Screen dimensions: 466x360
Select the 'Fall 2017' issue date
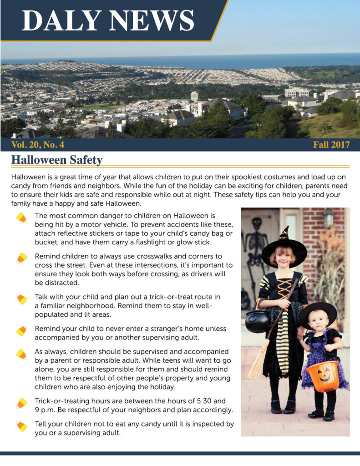[331, 145]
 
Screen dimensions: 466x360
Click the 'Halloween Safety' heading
[56, 160]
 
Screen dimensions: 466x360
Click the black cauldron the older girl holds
[258, 321]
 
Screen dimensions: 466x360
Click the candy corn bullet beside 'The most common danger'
[21, 218]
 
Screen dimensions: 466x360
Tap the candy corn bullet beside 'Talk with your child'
[21, 299]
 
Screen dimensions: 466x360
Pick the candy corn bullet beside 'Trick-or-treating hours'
[21, 403]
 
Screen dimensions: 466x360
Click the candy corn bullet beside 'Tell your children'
[21, 426]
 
